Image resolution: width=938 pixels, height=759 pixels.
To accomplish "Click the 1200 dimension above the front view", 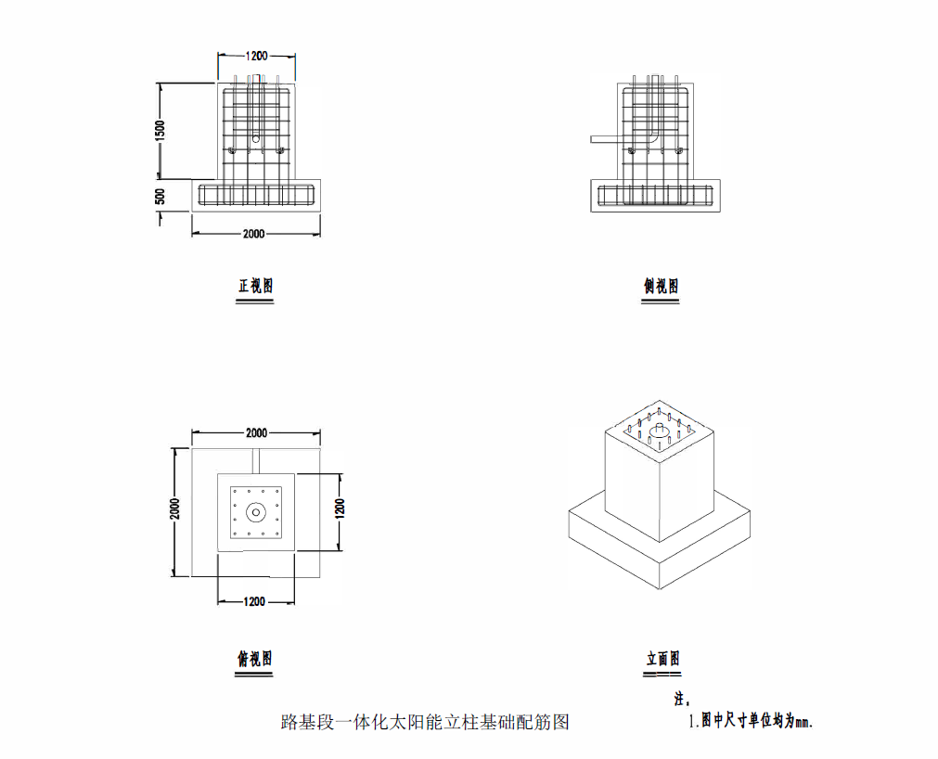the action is [x=256, y=56].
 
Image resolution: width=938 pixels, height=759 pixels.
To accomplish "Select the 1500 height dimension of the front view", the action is [x=160, y=131].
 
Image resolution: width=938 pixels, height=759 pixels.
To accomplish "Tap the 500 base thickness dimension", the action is [x=161, y=196].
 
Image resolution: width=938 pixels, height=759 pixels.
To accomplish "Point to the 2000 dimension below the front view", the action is [x=253, y=234].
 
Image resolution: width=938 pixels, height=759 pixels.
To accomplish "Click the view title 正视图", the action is [x=255, y=286].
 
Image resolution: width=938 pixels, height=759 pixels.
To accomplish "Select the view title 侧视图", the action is [x=661, y=287].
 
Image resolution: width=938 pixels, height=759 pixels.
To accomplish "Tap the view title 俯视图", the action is [x=255, y=659].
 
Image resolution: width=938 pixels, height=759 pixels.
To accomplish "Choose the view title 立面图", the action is [x=662, y=659].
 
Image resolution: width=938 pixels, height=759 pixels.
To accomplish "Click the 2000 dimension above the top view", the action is [x=256, y=433].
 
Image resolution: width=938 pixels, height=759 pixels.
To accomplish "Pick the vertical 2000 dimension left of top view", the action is [x=174, y=509].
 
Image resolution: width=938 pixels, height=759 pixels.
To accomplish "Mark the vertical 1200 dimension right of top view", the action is [x=340, y=508].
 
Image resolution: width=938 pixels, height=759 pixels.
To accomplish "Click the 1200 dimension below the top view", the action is [x=254, y=601].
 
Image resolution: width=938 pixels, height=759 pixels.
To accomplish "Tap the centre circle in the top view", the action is [x=256, y=512].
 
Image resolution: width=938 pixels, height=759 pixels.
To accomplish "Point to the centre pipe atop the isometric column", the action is [x=660, y=431].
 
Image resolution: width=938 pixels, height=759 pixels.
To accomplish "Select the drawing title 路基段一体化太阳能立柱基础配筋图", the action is [x=425, y=722].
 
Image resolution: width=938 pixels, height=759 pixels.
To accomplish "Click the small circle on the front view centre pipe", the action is [x=256, y=139].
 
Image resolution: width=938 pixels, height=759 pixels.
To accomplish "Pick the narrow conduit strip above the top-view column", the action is [x=256, y=461].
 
